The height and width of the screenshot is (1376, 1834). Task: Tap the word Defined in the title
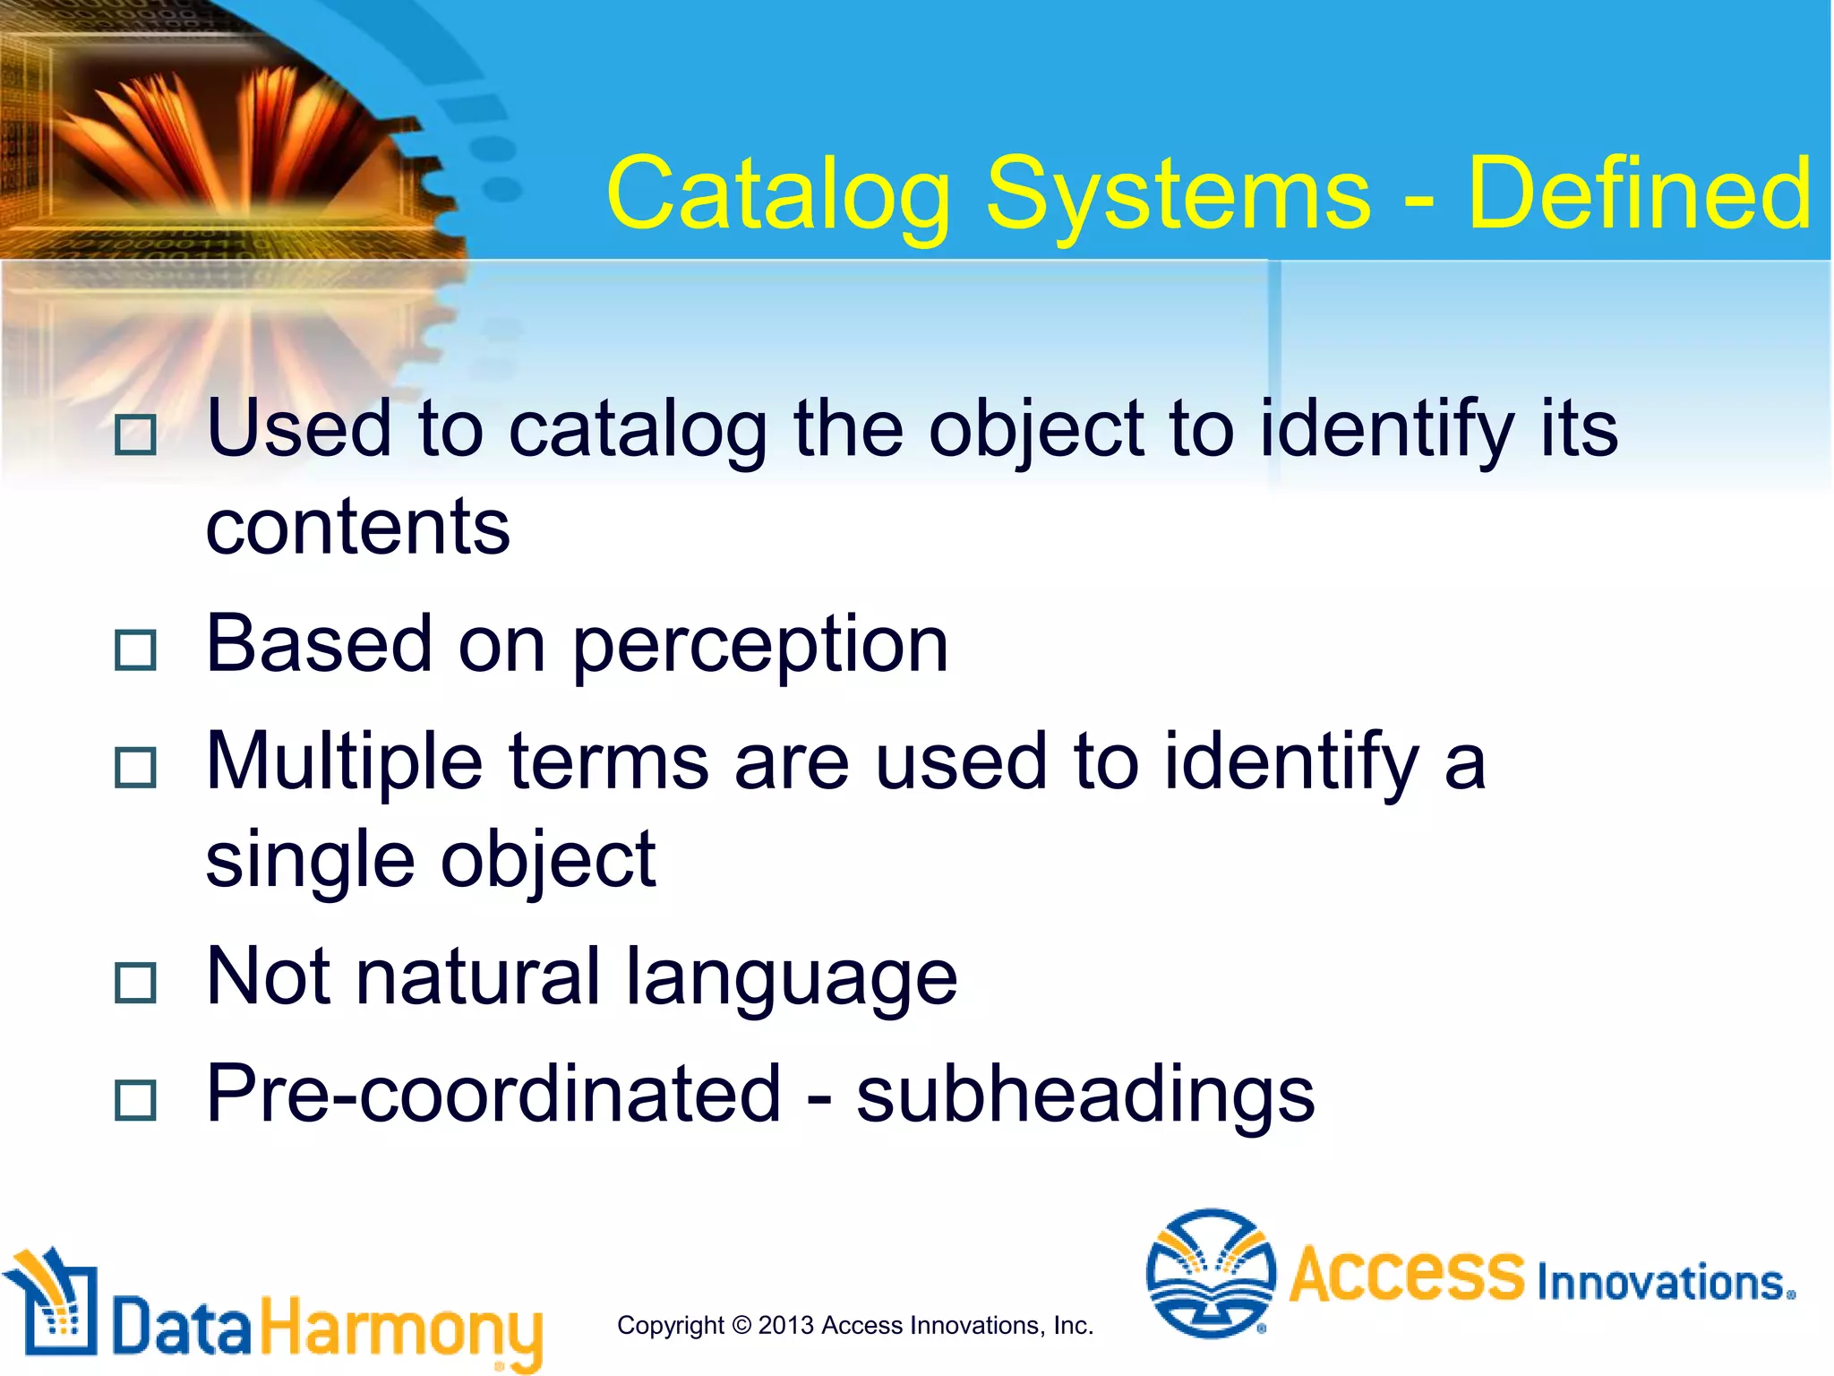[1639, 193]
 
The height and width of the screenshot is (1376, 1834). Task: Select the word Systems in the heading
[1178, 193]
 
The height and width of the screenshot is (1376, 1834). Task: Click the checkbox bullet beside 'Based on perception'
[136, 649]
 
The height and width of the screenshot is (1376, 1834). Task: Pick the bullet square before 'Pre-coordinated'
[136, 1099]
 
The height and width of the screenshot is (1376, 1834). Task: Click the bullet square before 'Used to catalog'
[136, 434]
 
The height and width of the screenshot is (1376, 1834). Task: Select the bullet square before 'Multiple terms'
[136, 767]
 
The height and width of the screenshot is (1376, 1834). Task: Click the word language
[791, 978]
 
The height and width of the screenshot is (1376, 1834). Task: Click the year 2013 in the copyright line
[785, 1325]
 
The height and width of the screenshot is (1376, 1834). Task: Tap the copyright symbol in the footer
[741, 1325]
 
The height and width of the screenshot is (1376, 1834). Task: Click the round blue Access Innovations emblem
[1211, 1273]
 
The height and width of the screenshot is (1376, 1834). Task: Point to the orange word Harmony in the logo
[402, 1329]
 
